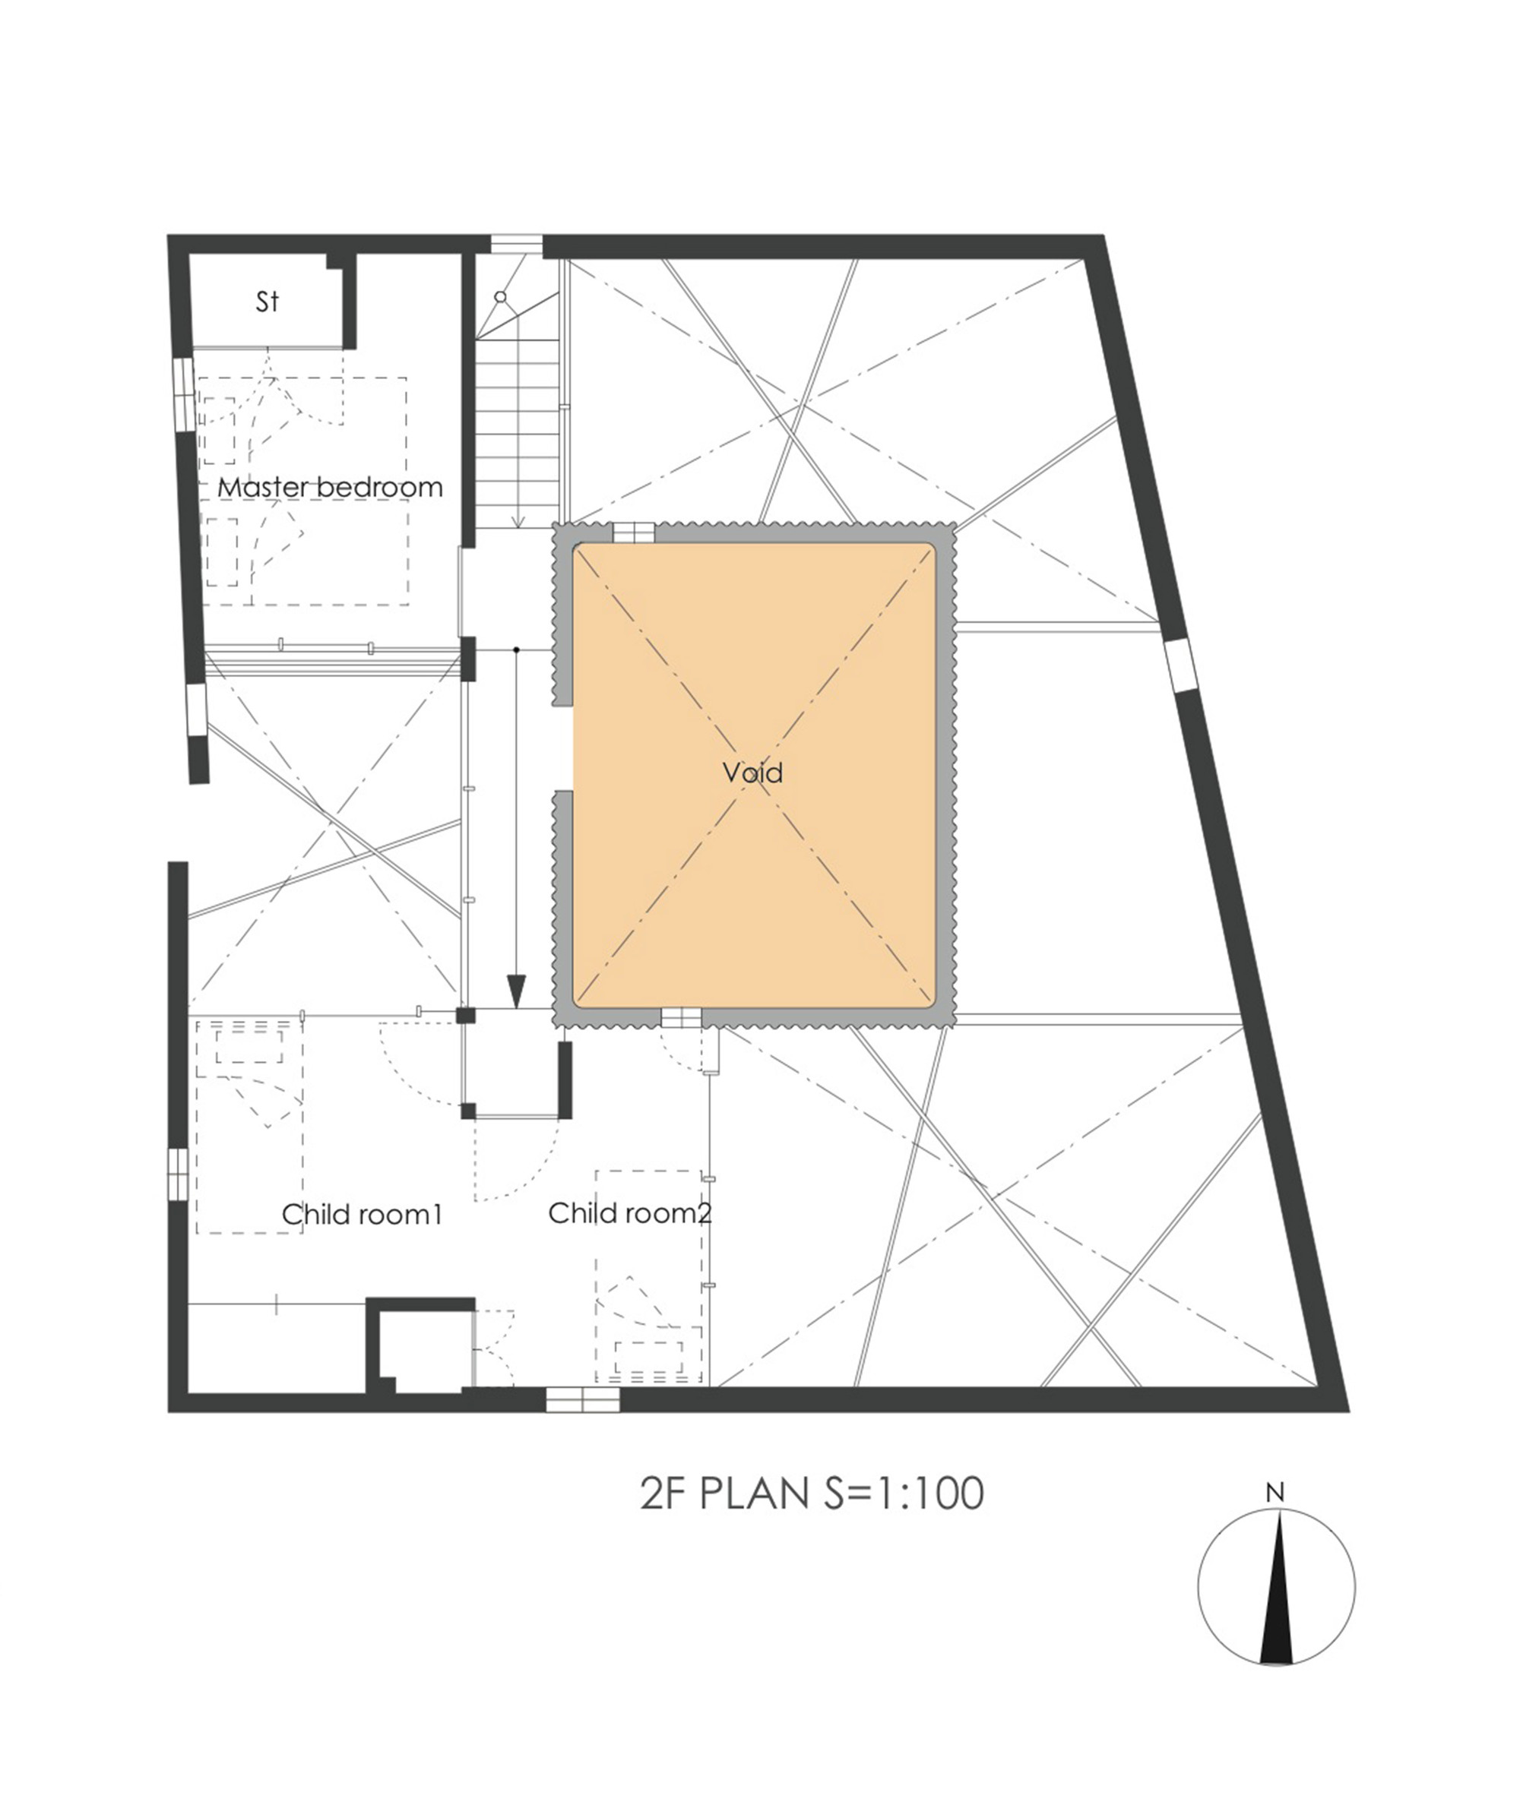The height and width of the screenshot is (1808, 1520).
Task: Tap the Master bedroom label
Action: tap(329, 488)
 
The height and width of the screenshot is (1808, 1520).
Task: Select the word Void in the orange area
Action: tap(752, 773)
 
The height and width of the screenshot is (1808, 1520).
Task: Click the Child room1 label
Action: tap(361, 1215)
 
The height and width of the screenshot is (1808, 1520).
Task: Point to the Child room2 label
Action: tap(630, 1212)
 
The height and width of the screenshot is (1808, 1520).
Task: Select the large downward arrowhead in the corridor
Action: tap(516, 991)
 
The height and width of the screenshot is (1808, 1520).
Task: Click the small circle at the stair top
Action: tap(501, 296)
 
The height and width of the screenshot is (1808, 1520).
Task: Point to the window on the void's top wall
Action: tap(633, 533)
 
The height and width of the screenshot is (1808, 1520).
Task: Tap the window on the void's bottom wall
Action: tap(681, 1018)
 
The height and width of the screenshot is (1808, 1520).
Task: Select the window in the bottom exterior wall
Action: tap(582, 1400)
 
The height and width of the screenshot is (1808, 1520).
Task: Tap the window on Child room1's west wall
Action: tap(176, 1172)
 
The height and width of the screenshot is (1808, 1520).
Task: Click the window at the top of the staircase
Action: tap(516, 245)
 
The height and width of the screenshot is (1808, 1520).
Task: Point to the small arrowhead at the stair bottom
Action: tap(518, 520)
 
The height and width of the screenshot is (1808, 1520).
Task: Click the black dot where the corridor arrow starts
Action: tap(516, 650)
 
